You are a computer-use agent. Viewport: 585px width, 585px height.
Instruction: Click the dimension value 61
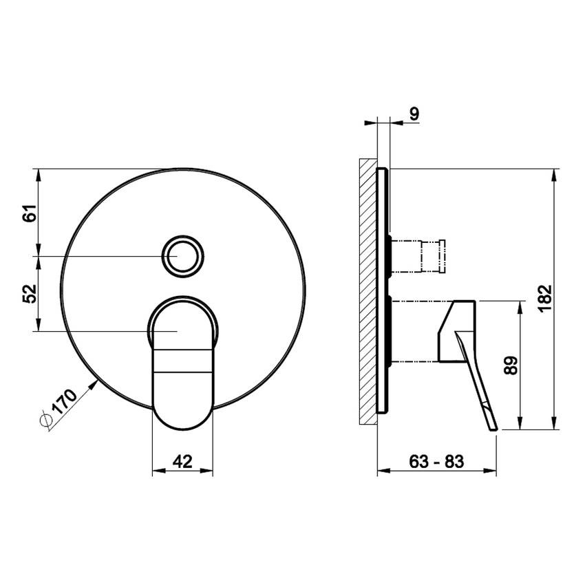click(x=28, y=212)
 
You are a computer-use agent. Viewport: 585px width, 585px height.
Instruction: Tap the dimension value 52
click(x=28, y=294)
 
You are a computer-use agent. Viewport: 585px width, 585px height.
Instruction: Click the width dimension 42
click(x=182, y=461)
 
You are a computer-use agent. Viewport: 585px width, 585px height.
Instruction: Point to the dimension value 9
click(x=413, y=114)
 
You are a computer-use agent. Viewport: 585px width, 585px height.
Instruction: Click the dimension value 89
click(x=509, y=365)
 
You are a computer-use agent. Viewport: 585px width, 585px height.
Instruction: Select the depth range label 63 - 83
click(x=436, y=461)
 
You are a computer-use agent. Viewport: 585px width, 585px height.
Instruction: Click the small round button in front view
click(x=183, y=256)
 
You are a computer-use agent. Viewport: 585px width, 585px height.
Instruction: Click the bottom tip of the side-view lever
click(x=493, y=429)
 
